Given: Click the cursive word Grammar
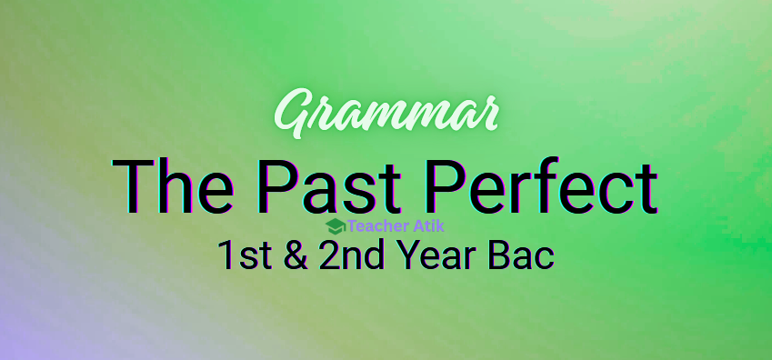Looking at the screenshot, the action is point(386,114).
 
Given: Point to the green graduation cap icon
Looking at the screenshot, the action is point(336,226).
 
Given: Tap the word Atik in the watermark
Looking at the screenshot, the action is point(428,226).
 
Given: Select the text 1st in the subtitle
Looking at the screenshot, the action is point(245,255).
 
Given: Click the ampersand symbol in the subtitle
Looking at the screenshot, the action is point(296,255).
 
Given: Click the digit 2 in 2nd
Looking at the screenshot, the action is point(329,255).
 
